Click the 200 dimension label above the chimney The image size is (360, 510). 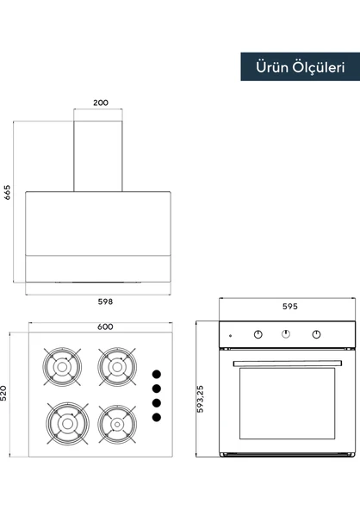pyautogui.click(x=101, y=103)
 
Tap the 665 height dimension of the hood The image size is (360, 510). pyautogui.click(x=7, y=192)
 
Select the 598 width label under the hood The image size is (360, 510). pyautogui.click(x=105, y=302)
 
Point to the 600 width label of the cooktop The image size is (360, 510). pyautogui.click(x=105, y=327)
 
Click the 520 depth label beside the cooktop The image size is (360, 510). pyautogui.click(x=3, y=393)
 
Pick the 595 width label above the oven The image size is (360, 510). pyautogui.click(x=289, y=307)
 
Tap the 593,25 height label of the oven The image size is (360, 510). pyautogui.click(x=201, y=399)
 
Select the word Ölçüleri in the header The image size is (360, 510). pyautogui.click(x=319, y=68)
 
